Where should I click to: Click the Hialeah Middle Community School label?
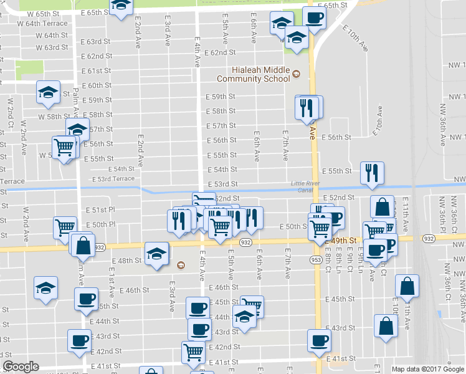[253, 74]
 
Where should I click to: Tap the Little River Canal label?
[304, 186]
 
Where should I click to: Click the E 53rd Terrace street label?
[113, 179]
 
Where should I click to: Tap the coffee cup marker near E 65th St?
[314, 18]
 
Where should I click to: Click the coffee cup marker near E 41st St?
[319, 340]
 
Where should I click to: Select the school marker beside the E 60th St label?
[48, 92]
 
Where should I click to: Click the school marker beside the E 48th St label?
[156, 252]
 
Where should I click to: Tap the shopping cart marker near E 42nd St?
[193, 352]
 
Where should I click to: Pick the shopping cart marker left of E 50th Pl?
[65, 228]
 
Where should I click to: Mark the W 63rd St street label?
[52, 47]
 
